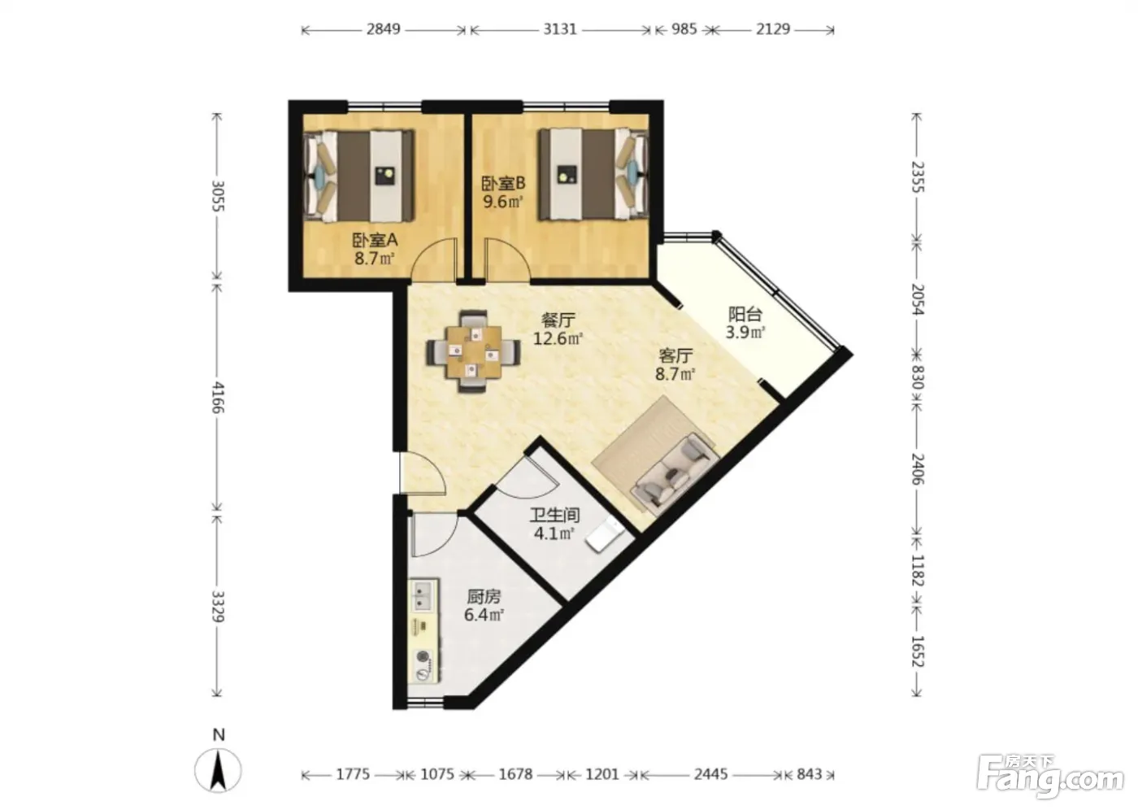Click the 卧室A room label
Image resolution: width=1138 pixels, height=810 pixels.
[375, 240]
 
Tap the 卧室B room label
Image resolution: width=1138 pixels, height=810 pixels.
[503, 183]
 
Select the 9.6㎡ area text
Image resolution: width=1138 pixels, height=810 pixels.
[502, 202]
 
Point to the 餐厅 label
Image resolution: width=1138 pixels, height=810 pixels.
[558, 320]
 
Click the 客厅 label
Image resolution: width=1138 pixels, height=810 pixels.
[675, 355]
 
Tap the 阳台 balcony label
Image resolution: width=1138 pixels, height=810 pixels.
[745, 314]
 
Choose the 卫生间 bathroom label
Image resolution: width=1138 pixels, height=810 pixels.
[554, 515]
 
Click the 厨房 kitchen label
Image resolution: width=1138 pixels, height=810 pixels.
[484, 596]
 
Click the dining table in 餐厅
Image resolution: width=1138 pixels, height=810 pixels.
[473, 351]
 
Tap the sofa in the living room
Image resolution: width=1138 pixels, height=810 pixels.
[675, 475]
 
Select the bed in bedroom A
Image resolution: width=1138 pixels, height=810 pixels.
[358, 176]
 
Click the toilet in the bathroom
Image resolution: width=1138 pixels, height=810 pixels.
[605, 534]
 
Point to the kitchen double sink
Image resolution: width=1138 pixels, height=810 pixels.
[423, 595]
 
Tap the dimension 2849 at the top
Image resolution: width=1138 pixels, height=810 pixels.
[383, 29]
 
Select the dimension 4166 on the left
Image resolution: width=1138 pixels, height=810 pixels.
[219, 398]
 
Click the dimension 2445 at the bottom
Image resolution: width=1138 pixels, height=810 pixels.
[711, 774]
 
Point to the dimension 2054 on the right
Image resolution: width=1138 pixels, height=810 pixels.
[918, 299]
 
